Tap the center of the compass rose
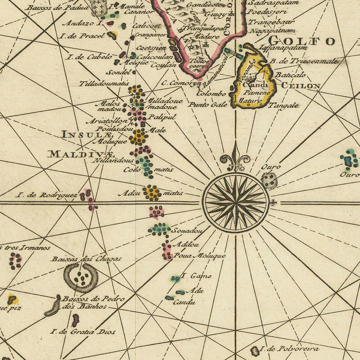236,202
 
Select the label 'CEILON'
300,86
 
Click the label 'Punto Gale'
208,105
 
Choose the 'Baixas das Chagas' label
86,259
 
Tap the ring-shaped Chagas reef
81,277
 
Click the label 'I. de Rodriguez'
46,195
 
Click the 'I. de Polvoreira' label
290,349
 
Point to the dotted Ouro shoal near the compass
269,180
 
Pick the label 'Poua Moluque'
200,256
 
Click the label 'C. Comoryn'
181,84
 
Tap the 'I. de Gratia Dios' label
83,332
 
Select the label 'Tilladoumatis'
104,84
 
